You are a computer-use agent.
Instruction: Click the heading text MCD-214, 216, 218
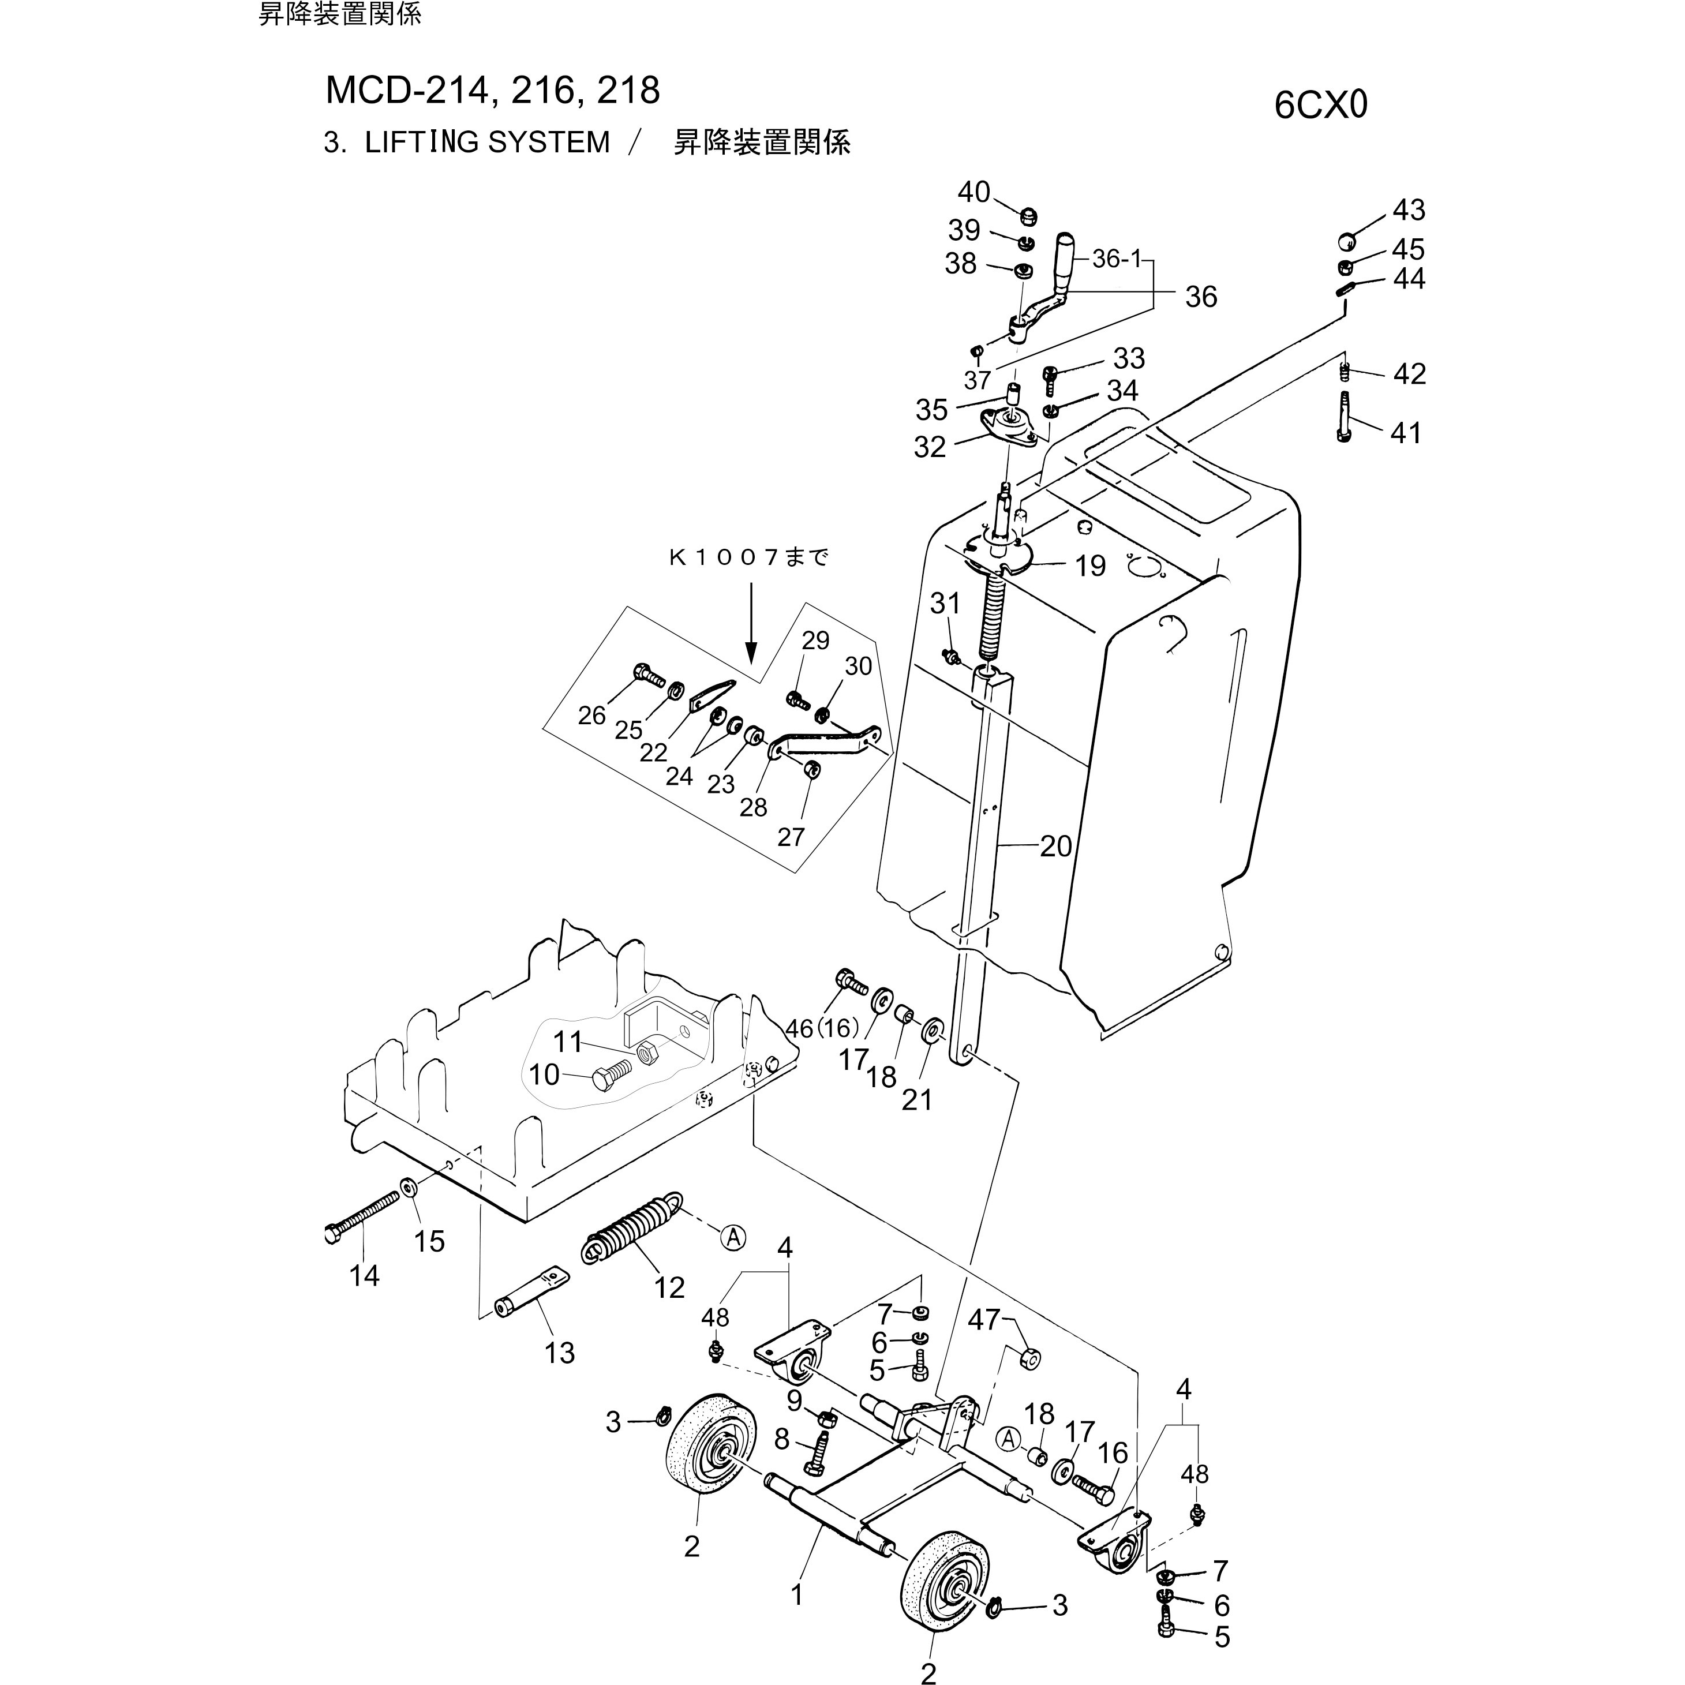[x=493, y=91]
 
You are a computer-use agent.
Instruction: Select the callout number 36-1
[x=1117, y=259]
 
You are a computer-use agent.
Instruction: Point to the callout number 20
[x=1055, y=845]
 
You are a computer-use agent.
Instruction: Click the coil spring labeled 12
[x=634, y=1227]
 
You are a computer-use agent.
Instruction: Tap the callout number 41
[x=1405, y=433]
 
